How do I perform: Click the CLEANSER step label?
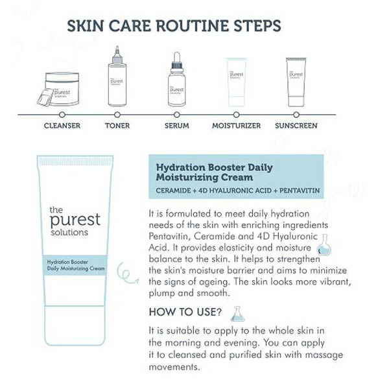(62, 126)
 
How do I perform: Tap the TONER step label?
(117, 126)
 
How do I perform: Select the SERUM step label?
(177, 126)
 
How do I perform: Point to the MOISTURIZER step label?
(237, 126)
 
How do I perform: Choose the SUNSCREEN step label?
(296, 126)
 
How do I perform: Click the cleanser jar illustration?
(59, 89)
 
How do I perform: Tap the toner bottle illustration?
(117, 77)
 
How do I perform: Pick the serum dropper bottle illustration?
(176, 79)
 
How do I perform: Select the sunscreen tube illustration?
(296, 82)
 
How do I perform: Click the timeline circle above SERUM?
(177, 115)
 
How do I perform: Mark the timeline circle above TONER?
(117, 115)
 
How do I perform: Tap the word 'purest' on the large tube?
(75, 220)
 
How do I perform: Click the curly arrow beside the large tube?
(127, 273)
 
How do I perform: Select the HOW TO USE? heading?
(185, 312)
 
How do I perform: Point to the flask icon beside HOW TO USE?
(237, 314)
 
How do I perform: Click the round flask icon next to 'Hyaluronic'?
(324, 245)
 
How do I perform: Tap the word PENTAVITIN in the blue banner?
(300, 191)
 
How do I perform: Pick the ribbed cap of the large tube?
(75, 161)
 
